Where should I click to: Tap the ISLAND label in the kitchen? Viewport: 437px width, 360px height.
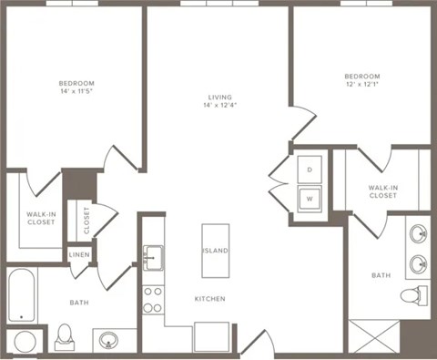[x=215, y=251]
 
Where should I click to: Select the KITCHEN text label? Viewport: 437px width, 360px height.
[x=209, y=299]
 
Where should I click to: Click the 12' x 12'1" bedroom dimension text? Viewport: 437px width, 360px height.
[x=361, y=86]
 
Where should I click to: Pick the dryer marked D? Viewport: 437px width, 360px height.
[x=308, y=170]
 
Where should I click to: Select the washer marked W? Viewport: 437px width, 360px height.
[x=308, y=196]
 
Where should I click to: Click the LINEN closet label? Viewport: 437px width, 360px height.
[x=80, y=254]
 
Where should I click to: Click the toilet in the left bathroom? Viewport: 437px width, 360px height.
[x=65, y=335]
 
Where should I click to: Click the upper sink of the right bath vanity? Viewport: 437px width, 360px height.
[x=418, y=233]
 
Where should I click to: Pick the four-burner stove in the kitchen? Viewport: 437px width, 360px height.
[x=153, y=299]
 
